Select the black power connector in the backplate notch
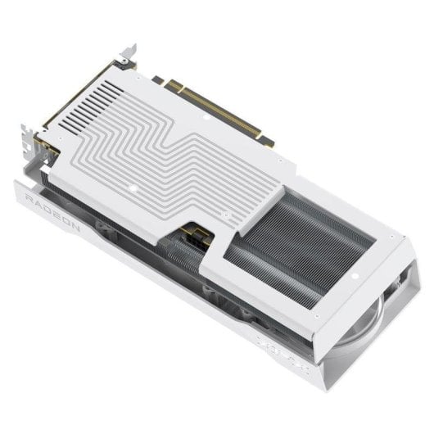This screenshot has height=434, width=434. click(195, 239)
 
